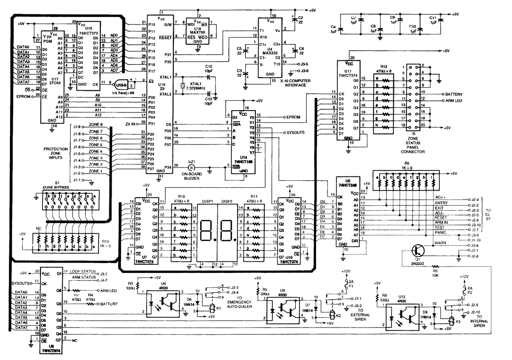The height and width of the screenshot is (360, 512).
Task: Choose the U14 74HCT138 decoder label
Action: [x=240, y=158]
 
